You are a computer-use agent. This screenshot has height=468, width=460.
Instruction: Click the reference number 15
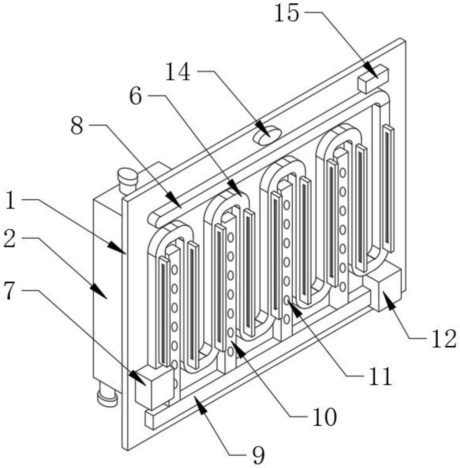[286, 13]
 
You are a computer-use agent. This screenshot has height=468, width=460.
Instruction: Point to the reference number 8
[77, 126]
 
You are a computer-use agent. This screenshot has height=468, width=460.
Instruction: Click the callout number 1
[10, 201]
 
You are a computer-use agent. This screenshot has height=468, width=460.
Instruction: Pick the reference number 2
[9, 239]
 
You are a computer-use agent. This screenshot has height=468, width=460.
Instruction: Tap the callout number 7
[9, 291]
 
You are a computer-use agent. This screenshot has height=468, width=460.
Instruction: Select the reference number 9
[258, 455]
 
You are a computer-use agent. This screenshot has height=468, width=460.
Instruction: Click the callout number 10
[325, 417]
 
